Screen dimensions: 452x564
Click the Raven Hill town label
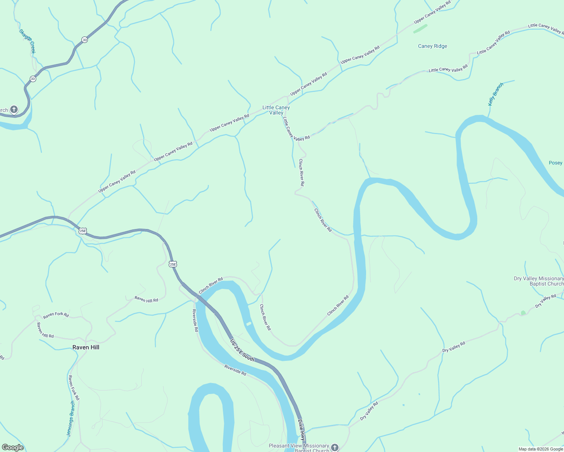[x=86, y=347]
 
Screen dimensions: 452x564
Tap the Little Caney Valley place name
[x=276, y=110]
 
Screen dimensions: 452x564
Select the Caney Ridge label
[x=432, y=46]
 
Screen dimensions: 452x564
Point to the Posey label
[x=555, y=163]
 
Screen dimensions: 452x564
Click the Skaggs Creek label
[x=27, y=41]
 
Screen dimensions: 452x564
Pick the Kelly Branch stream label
[x=495, y=94]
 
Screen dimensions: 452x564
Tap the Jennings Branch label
[x=71, y=418]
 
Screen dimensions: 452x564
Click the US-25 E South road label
[x=242, y=351]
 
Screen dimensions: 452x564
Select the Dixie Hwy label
[x=301, y=430]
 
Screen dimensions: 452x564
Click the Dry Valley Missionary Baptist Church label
[x=539, y=281]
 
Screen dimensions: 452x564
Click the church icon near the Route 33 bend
[x=14, y=110]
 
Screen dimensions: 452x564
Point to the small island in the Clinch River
[x=248, y=324]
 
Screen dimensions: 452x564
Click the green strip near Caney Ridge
[x=420, y=29]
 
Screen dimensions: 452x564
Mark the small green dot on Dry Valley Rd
[x=523, y=313]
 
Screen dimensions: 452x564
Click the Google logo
[x=12, y=447]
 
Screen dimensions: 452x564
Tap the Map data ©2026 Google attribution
[x=541, y=449]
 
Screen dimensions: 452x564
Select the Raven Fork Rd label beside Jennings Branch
[x=74, y=388]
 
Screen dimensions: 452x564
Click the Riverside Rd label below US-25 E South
[x=235, y=370]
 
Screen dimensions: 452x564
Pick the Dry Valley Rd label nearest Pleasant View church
[x=369, y=411]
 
